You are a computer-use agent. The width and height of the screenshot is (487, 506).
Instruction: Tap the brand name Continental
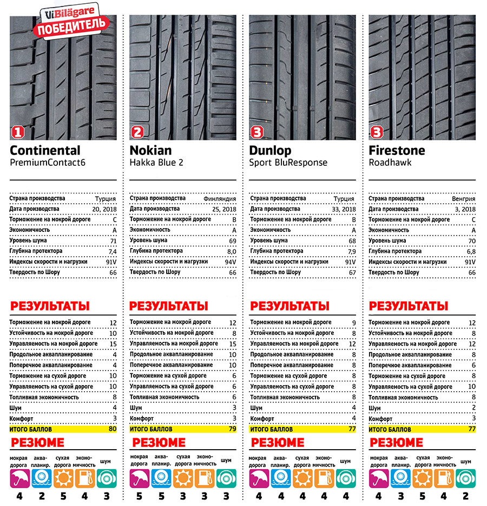(x=45, y=151)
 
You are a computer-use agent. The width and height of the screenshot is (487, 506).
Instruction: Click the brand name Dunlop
(x=270, y=151)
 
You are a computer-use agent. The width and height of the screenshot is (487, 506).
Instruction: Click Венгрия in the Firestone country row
(x=463, y=199)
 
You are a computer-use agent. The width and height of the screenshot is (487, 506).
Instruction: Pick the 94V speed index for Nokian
(x=229, y=262)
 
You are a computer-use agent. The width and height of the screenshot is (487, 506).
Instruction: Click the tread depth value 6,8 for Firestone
(x=469, y=251)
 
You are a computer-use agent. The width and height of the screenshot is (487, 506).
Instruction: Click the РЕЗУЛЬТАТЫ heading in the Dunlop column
(x=289, y=306)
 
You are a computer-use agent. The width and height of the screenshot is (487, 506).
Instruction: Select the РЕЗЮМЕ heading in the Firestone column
(x=396, y=443)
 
